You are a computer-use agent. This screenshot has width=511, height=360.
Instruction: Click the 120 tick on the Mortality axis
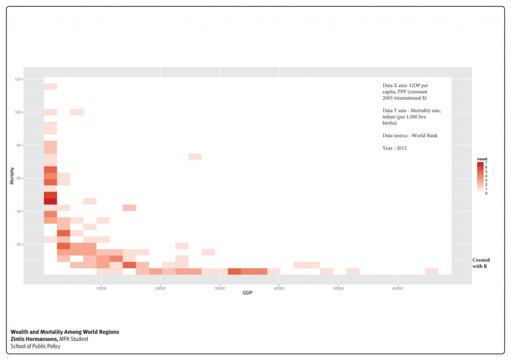(18, 79)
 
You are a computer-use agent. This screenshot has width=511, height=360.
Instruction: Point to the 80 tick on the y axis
(18, 145)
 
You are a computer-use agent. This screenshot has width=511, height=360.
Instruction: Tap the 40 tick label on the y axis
(18, 211)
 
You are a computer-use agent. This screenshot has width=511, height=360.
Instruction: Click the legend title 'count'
(482, 159)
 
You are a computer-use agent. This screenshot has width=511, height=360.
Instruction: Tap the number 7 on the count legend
(486, 163)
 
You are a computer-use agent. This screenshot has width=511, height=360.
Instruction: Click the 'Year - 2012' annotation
(395, 148)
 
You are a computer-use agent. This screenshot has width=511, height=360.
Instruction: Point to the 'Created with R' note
(481, 263)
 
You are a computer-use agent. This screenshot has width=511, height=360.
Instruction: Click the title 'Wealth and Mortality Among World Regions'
(65, 332)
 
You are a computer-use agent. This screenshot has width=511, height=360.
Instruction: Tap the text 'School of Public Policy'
(35, 346)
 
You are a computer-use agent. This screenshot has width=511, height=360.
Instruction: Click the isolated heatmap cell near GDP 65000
(432, 271)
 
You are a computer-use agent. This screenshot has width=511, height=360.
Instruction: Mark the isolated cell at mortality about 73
(195, 157)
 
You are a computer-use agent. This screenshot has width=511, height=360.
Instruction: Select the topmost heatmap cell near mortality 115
(50, 87)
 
